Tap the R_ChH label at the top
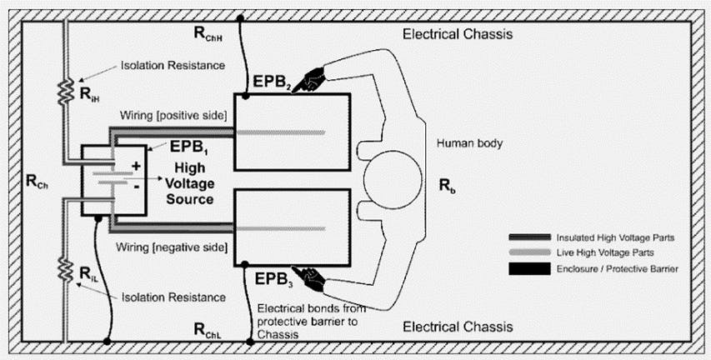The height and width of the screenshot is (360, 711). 208,34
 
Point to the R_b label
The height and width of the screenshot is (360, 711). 447,184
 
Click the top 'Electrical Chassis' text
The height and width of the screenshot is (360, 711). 457,35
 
